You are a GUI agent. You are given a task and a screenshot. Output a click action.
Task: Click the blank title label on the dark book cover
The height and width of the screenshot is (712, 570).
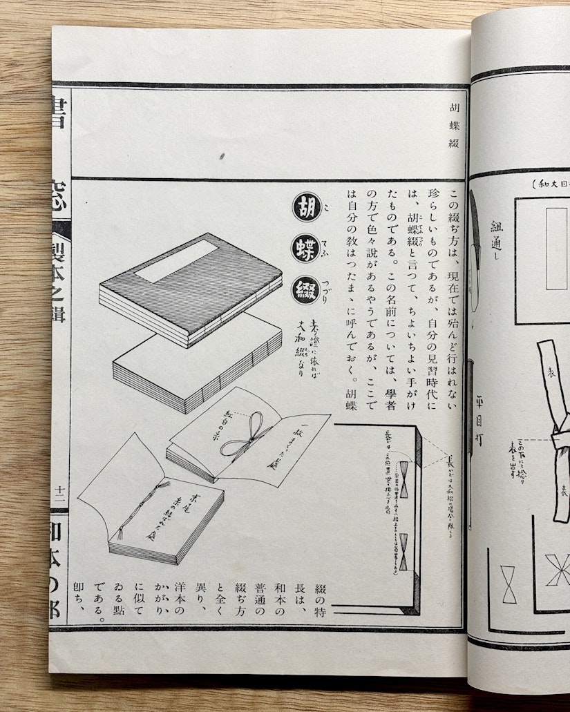point(175,261)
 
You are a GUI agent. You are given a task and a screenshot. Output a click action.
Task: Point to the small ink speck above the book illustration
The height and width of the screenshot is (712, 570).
point(222,156)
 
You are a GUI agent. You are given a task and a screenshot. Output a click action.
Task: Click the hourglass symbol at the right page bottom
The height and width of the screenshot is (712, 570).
point(509,584)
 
